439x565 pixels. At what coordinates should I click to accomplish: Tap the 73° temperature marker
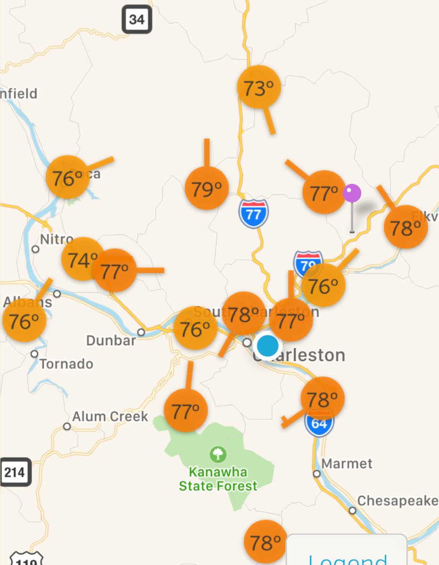pyautogui.click(x=259, y=88)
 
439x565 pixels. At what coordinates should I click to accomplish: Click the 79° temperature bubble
pyautogui.click(x=207, y=188)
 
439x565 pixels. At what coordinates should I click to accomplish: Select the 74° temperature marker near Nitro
pyautogui.click(x=81, y=259)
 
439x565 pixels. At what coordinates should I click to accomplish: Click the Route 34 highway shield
pyautogui.click(x=137, y=19)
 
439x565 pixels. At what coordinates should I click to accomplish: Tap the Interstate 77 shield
pyautogui.click(x=253, y=214)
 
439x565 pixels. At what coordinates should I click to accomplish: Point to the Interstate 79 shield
pyautogui.click(x=307, y=262)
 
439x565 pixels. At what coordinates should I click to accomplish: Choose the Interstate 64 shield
pyautogui.click(x=319, y=423)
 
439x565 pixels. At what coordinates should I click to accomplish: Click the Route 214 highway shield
pyautogui.click(x=15, y=472)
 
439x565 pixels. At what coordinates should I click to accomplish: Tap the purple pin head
pyautogui.click(x=352, y=193)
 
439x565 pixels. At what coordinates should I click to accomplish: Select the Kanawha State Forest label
pyautogui.click(x=218, y=478)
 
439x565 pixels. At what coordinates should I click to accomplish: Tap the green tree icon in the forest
pyautogui.click(x=218, y=454)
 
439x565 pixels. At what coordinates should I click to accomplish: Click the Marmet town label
pyautogui.click(x=347, y=464)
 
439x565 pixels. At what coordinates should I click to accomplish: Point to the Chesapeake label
pyautogui.click(x=397, y=501)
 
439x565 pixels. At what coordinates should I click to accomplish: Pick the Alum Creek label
pyautogui.click(x=110, y=417)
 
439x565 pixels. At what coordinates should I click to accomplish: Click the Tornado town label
pyautogui.click(x=66, y=364)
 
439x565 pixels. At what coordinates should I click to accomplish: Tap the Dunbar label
pyautogui.click(x=111, y=340)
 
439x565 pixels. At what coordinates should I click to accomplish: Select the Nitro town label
pyautogui.click(x=57, y=239)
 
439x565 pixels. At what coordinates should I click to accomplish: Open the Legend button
pyautogui.click(x=348, y=556)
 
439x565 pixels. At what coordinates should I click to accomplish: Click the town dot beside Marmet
pyautogui.click(x=317, y=473)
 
